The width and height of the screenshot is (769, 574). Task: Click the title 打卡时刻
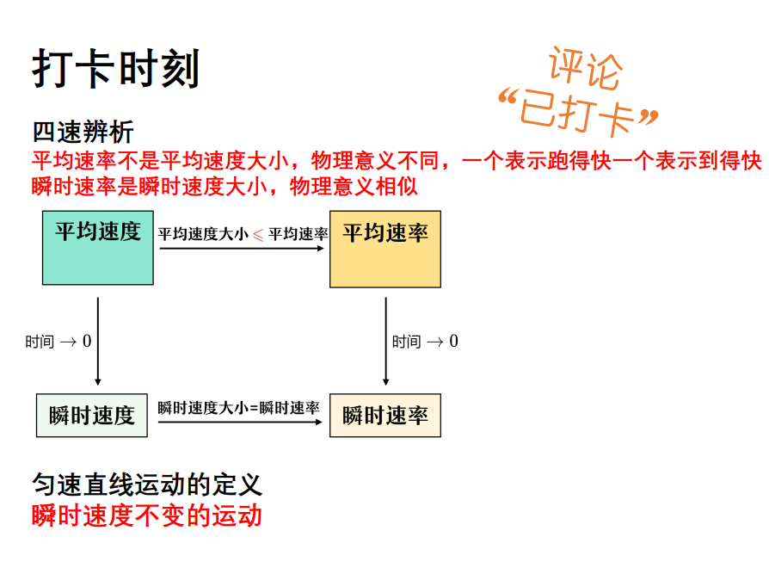tap(116, 69)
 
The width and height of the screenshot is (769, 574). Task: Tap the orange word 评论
tap(584, 68)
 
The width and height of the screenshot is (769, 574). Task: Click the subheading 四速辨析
tap(83, 132)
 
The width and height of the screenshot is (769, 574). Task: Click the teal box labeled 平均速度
tap(98, 247)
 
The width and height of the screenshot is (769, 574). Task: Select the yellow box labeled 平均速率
tap(385, 249)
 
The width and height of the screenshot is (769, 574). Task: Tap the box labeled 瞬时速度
tap(92, 415)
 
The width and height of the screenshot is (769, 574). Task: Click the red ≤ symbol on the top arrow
tap(258, 234)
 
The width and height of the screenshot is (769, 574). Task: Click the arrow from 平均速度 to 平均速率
tap(241, 249)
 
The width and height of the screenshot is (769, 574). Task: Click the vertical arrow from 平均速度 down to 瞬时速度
tap(97, 341)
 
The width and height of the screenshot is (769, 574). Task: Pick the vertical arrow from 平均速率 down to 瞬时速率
tap(385, 341)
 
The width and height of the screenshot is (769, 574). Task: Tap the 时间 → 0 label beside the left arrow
tap(58, 342)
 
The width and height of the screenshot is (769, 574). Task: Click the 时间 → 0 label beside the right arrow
tap(425, 342)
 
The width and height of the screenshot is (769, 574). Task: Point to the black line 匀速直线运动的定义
tap(147, 485)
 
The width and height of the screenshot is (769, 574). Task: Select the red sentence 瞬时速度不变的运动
tap(147, 515)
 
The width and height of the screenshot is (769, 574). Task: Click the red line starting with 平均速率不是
tap(397, 160)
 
